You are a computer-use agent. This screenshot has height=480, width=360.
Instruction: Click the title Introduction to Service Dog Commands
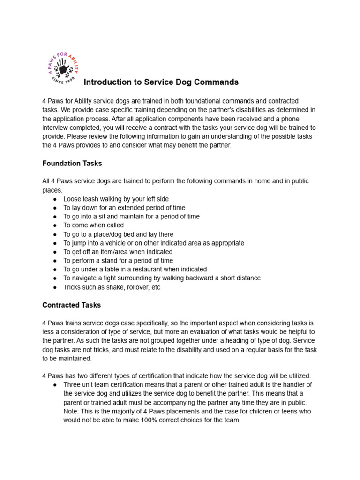point(161,82)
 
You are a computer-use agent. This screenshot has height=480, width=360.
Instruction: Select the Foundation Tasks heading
point(72,164)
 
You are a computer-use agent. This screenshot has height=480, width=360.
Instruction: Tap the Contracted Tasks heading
point(72,305)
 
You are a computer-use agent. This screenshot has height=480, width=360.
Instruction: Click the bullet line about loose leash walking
point(116,199)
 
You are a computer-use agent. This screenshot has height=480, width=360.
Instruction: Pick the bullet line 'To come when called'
point(94,225)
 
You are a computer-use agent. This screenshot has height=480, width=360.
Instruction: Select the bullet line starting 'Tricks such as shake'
point(112,287)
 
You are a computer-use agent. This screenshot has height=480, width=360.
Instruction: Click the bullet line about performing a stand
point(118,261)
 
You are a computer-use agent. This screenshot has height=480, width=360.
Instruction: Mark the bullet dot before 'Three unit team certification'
point(55,385)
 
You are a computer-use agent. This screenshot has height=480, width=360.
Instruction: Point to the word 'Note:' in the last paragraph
point(71,411)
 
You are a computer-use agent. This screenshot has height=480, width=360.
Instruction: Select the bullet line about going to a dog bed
point(118,234)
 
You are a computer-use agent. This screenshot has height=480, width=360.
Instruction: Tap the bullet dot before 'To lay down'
point(55,208)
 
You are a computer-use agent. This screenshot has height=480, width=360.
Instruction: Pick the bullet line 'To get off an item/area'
point(118,252)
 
